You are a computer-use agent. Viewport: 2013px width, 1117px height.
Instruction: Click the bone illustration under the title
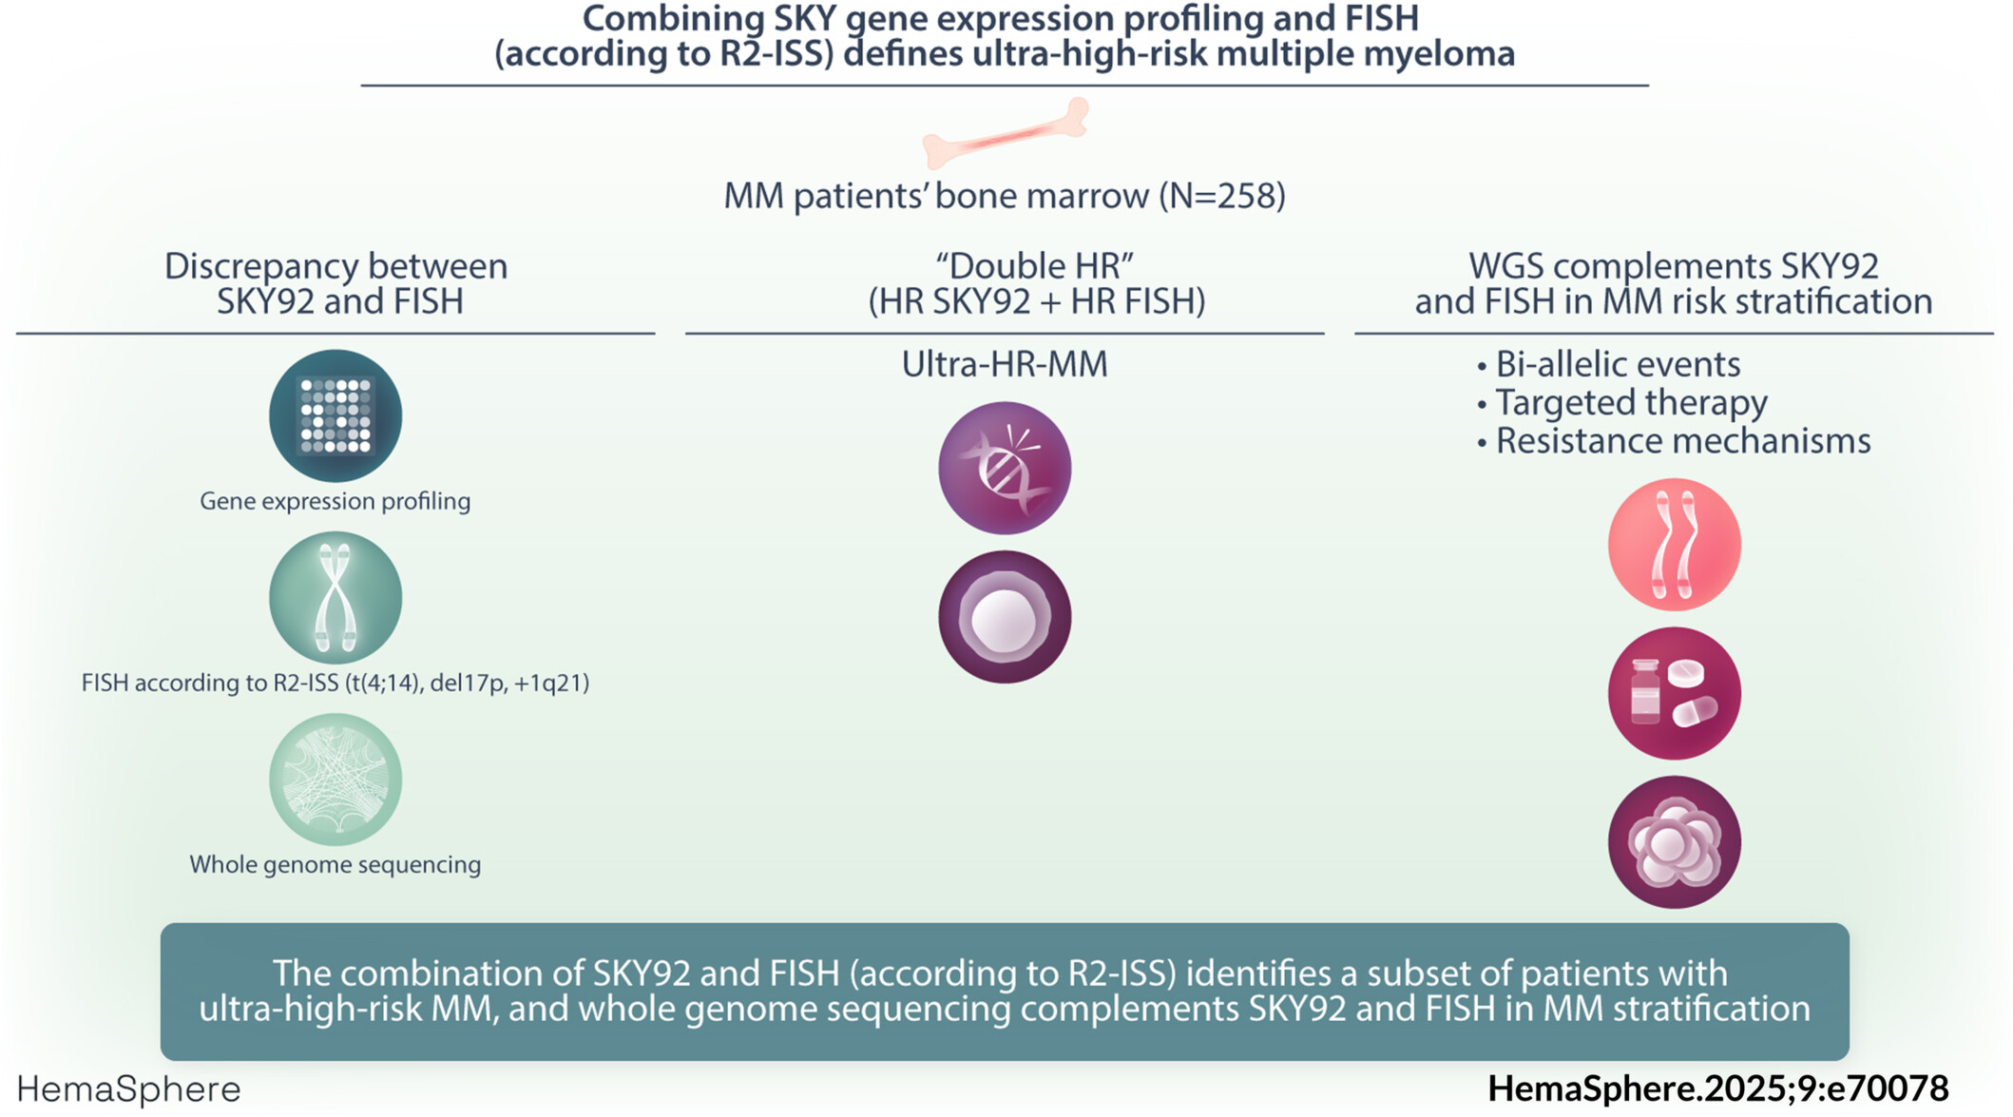coord(1006,134)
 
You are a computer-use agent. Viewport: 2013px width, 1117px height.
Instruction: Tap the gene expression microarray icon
coord(335,416)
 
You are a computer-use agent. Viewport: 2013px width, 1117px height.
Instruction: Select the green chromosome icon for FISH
coord(335,598)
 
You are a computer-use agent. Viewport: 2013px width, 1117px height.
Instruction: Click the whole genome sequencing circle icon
coord(335,780)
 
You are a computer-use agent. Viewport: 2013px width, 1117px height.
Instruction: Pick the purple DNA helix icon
coord(1005,468)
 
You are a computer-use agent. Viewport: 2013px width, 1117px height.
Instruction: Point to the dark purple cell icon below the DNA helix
coord(1005,617)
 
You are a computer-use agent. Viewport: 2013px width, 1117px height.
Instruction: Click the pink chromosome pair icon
coord(1675,545)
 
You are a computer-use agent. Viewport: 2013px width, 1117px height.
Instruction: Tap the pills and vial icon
coord(1675,694)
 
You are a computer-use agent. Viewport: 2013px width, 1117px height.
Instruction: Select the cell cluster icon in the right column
coord(1675,842)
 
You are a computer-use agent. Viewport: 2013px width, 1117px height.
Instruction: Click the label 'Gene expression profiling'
coord(335,501)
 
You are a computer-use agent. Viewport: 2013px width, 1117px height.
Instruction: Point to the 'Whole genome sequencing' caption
coord(335,864)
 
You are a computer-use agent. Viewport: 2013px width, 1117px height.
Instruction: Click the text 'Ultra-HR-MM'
coord(1005,364)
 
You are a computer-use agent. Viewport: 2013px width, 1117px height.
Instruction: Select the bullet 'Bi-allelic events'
coord(1618,364)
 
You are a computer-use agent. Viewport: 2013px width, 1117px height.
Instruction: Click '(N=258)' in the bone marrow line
coord(1222,196)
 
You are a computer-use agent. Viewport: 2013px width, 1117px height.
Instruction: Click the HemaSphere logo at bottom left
coord(129,1089)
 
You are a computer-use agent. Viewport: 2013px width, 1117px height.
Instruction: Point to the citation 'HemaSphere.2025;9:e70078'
coord(1718,1088)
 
